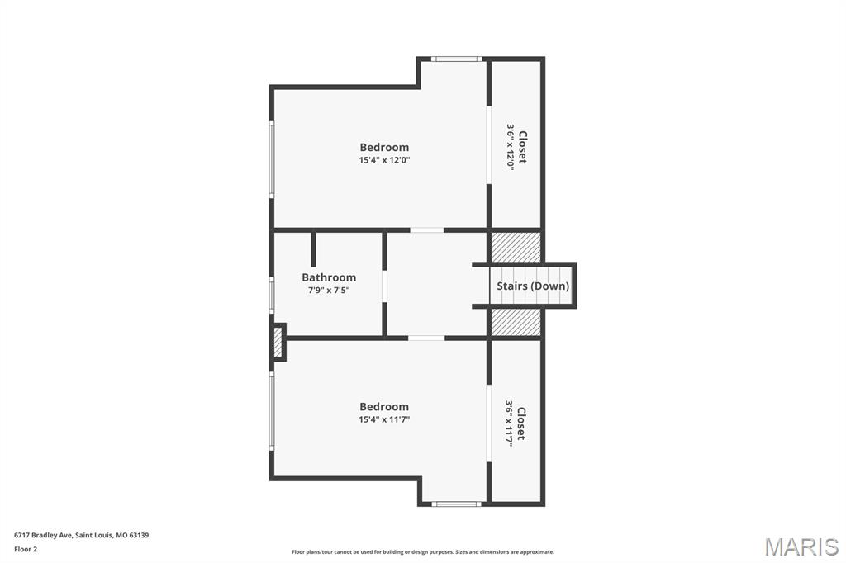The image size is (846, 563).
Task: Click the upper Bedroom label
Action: click(x=384, y=148)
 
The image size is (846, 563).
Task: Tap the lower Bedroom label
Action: click(x=384, y=407)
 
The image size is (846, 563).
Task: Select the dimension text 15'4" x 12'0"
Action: click(x=384, y=161)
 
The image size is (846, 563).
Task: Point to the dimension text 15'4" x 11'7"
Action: click(x=384, y=420)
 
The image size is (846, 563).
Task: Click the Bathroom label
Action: click(x=329, y=277)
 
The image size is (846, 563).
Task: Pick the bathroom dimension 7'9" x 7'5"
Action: click(x=329, y=291)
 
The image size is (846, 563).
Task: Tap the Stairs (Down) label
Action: click(x=532, y=286)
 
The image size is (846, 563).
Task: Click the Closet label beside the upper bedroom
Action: click(x=522, y=147)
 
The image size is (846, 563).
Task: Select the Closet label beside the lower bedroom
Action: click(x=521, y=423)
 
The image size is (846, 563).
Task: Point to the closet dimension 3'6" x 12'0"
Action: click(x=511, y=147)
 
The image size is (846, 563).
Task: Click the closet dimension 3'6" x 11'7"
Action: click(x=510, y=423)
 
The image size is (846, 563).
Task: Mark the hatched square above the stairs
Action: click(x=516, y=247)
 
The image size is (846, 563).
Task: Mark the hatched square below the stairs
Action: click(x=516, y=322)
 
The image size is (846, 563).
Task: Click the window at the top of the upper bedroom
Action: click(x=457, y=59)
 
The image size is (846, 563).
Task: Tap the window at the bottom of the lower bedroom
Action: click(x=457, y=504)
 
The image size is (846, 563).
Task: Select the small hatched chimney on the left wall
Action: click(x=278, y=343)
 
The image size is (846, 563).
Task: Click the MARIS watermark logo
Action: click(x=801, y=546)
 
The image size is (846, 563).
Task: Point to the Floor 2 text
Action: click(x=26, y=548)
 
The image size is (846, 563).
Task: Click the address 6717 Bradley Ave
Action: click(x=81, y=535)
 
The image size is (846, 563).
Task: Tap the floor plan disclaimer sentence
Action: click(x=423, y=552)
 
